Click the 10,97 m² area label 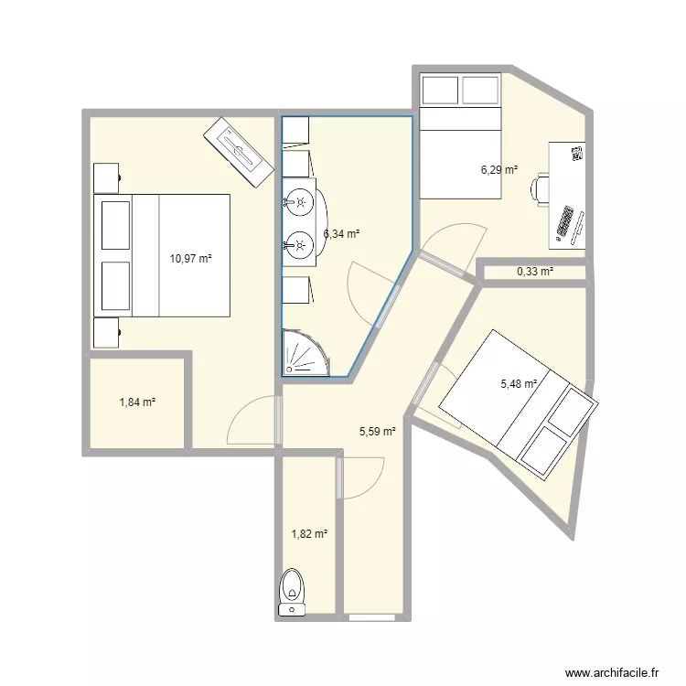point(190,259)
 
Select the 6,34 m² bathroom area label point(340,234)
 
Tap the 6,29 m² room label point(499,169)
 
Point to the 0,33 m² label point(535,272)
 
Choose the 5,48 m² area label point(517,385)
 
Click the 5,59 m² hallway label point(377,431)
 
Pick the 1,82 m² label point(309,534)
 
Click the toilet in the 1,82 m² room point(293,589)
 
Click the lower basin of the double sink point(298,243)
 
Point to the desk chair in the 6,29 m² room point(540,189)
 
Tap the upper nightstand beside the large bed point(106,177)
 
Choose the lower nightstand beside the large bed point(106,332)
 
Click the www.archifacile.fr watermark point(614,670)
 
